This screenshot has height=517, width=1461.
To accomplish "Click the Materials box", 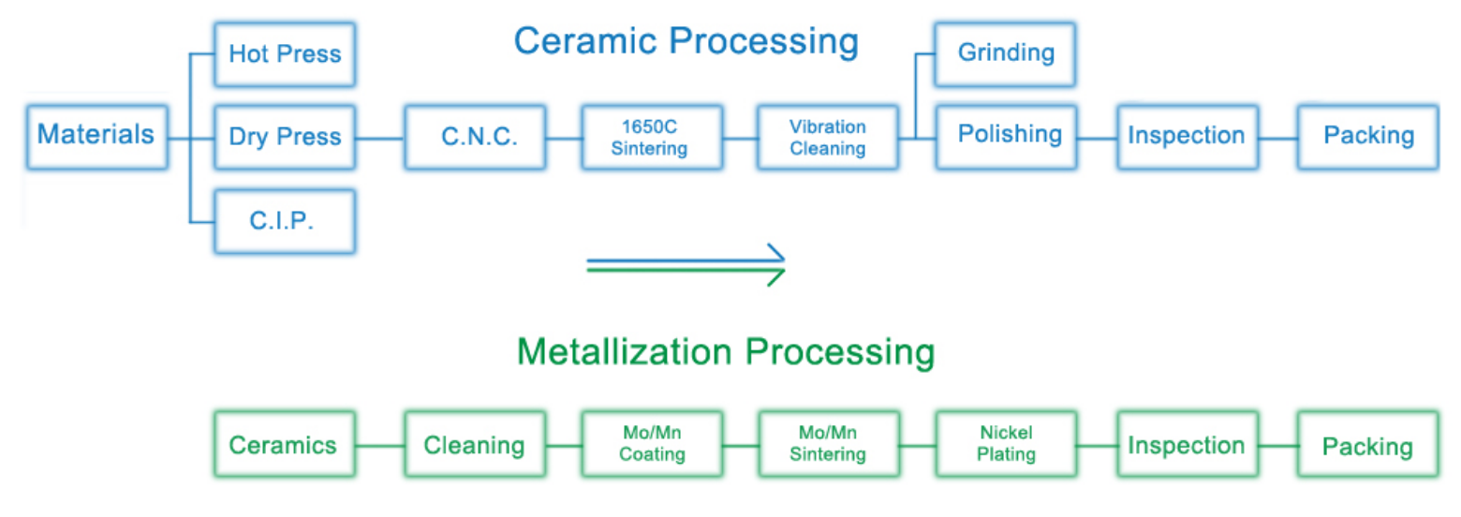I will click(97, 136).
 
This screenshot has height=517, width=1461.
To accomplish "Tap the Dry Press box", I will click(285, 137).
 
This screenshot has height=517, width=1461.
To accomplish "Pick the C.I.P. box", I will click(285, 220).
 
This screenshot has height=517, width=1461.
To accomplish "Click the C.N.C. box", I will click(475, 137).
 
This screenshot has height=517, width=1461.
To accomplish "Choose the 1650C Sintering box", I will click(652, 137).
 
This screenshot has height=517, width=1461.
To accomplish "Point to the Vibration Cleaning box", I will click(828, 137).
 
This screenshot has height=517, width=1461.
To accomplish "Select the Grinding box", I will click(1006, 52).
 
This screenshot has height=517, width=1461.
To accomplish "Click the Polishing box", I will click(1006, 136).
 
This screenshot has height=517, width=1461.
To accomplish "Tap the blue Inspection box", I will click(1186, 137).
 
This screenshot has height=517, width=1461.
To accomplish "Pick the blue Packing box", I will click(1367, 137).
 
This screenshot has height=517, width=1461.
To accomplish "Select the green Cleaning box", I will click(475, 445).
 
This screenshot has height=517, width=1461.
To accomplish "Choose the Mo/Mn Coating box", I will click(652, 445).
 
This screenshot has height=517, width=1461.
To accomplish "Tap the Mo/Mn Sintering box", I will click(828, 445).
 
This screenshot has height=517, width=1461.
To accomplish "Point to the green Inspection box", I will click(1186, 445).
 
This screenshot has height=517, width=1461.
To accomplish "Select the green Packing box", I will click(1367, 445).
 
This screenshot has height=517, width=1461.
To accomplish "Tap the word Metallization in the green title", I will click(623, 353).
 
